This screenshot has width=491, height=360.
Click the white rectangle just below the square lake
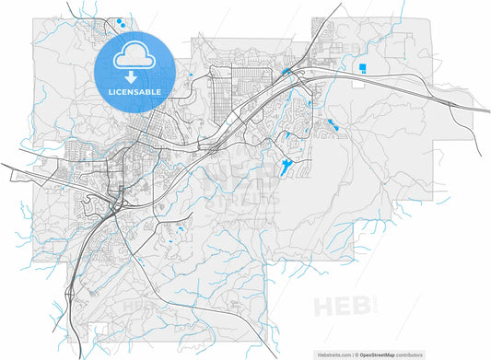pos(363,81)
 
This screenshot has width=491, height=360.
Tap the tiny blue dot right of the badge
pos(190,75)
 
